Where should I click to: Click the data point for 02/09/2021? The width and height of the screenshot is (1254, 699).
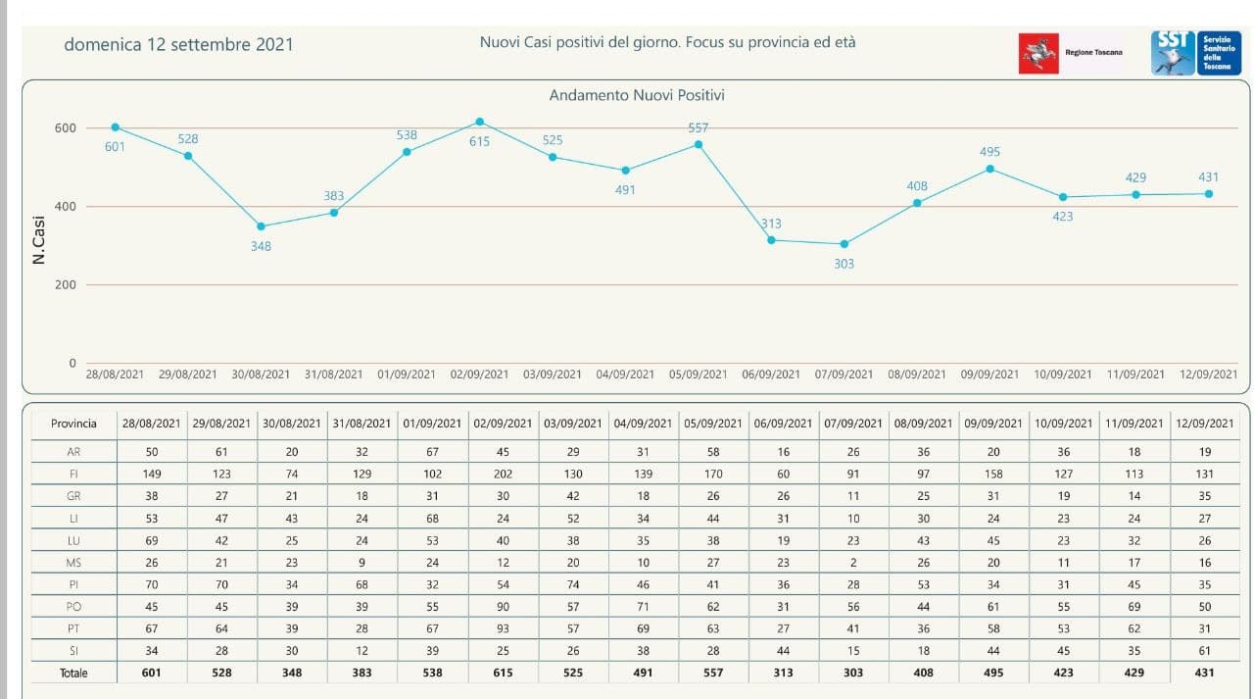coord(480,122)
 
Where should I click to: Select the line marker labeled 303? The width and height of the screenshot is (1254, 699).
coord(844,244)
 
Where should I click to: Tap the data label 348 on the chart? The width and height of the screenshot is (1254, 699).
coord(261,246)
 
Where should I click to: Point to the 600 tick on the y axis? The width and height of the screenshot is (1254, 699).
coord(66,128)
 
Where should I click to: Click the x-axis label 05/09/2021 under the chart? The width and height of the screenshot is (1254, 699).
coord(699,374)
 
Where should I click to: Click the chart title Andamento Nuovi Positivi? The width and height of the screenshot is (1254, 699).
coord(637,95)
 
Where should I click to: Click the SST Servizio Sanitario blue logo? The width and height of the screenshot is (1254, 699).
coord(1196,53)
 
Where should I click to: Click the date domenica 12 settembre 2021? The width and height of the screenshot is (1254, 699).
coord(178,44)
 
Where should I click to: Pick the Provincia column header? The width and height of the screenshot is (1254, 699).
coord(73,424)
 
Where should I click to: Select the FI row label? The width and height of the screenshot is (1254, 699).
coord(73,473)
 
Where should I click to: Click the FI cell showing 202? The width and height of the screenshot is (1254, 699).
coord(503,473)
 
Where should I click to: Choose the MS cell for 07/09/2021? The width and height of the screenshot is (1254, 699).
coord(852,562)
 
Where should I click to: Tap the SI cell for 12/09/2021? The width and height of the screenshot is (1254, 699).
coord(1205,651)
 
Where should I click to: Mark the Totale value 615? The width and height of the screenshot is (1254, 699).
coord(503,674)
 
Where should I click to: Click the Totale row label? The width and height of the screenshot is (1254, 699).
coord(73,674)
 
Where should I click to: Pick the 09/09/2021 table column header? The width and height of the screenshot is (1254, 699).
coord(993,424)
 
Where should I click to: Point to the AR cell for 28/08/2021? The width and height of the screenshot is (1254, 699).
coord(151,452)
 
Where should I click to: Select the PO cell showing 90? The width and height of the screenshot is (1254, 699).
coord(503,607)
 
